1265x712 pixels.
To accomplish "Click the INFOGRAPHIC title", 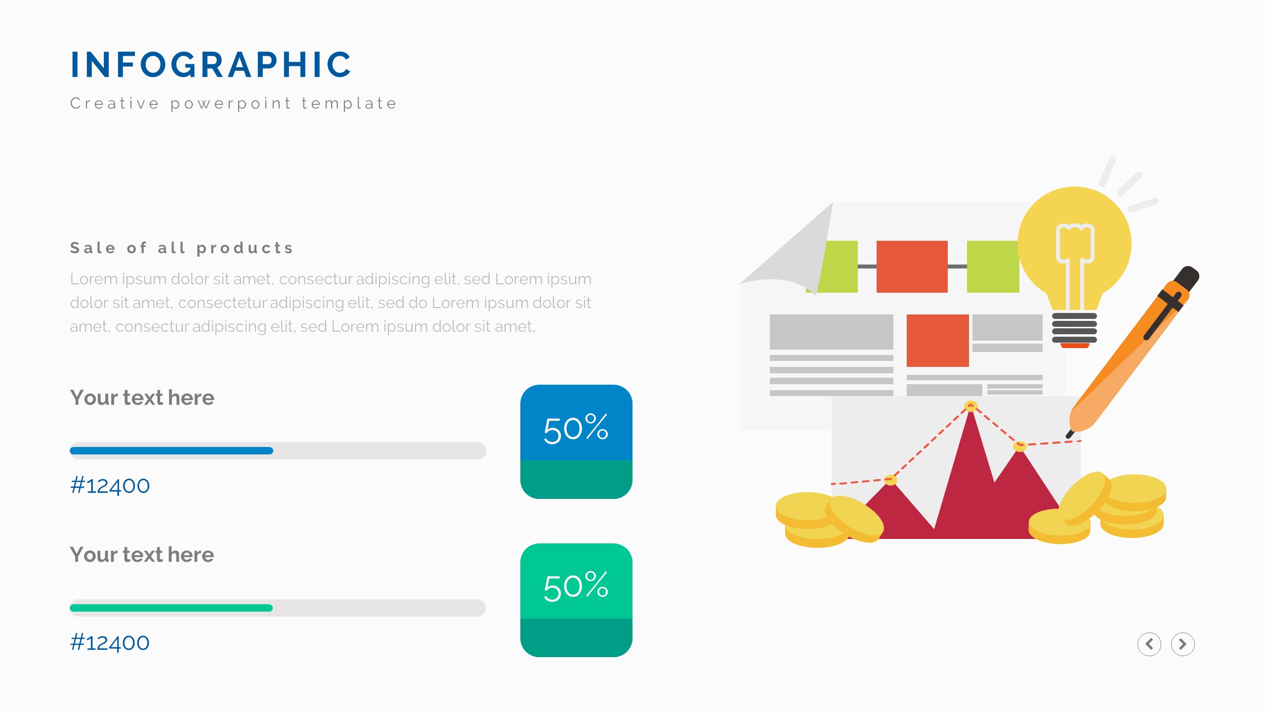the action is coord(211,65).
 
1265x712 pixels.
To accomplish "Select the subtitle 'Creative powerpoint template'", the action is coord(234,103).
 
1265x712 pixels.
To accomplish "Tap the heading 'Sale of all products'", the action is coord(182,248).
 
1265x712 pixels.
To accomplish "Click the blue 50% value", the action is coord(576,428).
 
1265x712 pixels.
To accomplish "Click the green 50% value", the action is coord(576,586).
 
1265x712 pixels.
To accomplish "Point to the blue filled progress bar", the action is coord(171,450).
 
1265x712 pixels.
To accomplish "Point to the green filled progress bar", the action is coord(171,608).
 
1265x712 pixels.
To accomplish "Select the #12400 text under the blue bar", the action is coord(110,486).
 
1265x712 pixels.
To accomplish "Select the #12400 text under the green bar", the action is coord(110,643).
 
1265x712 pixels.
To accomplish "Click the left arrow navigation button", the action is coord(1149,644).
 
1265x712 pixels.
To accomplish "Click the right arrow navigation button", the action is coord(1183,644).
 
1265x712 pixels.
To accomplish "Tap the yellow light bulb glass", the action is coord(1075,247).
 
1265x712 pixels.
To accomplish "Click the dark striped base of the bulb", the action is coord(1074,328).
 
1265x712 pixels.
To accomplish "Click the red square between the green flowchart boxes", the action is coord(912,267).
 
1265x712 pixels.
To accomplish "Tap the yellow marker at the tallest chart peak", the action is coord(971,406).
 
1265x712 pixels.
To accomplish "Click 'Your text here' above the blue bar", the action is coord(142,398).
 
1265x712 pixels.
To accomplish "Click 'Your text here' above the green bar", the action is coord(142,555).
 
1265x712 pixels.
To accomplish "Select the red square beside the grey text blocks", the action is coord(938,341).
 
